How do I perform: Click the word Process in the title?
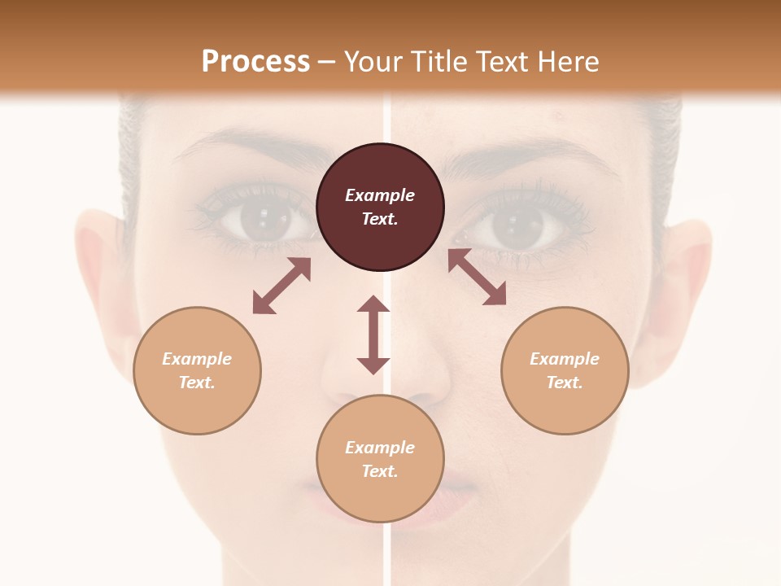(x=255, y=62)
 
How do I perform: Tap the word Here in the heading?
(x=567, y=62)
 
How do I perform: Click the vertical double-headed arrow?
(x=373, y=335)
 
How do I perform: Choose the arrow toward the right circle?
(x=477, y=277)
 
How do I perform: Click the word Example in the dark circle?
(x=380, y=195)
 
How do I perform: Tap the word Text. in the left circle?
(x=197, y=383)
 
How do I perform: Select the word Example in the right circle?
(x=565, y=359)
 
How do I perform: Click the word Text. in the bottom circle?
(x=380, y=471)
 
